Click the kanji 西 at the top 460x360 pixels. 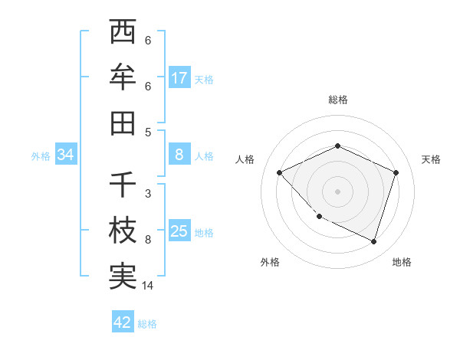click(123, 33)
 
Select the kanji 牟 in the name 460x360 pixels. click(123, 77)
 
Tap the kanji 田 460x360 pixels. click(123, 123)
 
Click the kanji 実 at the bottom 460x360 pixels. click(123, 277)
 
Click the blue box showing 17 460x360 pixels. click(179, 78)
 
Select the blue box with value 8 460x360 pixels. click(179, 155)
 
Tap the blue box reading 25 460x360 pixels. click(179, 231)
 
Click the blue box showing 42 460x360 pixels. click(123, 322)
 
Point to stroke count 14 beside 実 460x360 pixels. click(149, 286)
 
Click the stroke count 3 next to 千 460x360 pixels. click(148, 194)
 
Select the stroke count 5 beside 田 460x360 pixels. click(148, 132)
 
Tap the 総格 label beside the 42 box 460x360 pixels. click(147, 324)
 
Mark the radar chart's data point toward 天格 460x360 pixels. click(396, 172)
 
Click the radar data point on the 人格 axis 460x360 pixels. click(280, 172)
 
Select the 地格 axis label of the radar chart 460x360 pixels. click(402, 262)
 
